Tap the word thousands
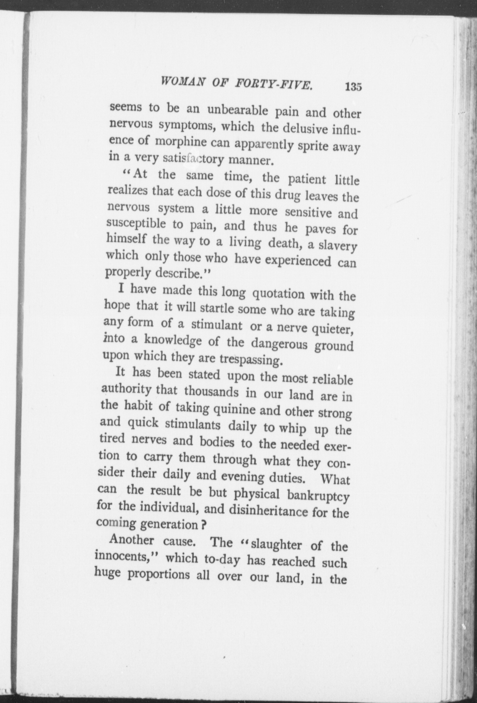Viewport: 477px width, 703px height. [x=211, y=391]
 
